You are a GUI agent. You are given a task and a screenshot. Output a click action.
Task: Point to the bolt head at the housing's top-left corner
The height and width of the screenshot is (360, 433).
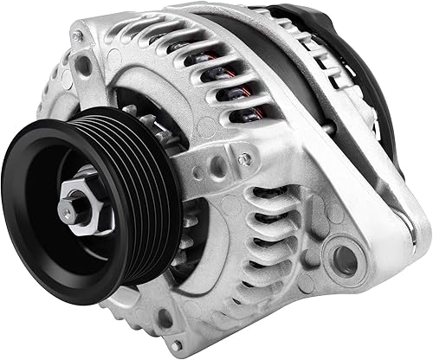pos(79,36)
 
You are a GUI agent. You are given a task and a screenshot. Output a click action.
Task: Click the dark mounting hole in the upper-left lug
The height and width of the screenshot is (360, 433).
pos(84,66)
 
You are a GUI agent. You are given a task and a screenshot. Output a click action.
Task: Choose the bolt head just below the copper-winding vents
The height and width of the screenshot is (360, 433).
pos(245,159)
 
